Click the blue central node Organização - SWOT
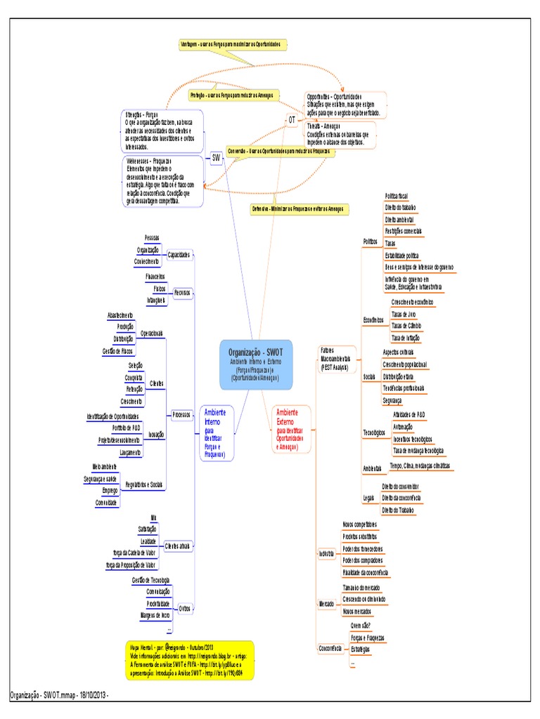255,364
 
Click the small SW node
216,159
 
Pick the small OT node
292,120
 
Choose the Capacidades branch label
179,255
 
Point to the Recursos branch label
182,292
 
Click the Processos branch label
181,415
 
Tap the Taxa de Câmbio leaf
406,326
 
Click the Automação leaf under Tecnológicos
403,426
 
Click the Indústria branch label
326,554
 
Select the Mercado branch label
326,603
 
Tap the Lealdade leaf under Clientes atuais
148,541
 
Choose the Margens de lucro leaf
155,615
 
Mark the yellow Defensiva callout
300,209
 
